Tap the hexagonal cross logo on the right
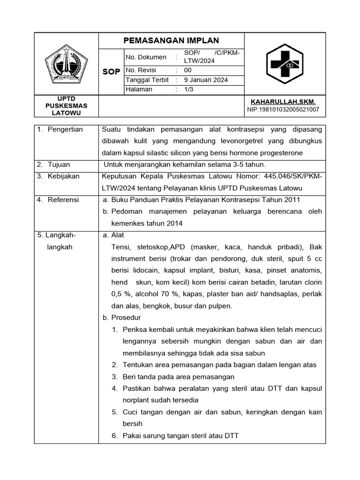(285, 64)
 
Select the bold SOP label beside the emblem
(111, 71)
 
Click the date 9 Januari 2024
(206, 80)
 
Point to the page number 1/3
(189, 90)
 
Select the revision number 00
(188, 70)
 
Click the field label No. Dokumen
(146, 57)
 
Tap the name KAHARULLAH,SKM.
(283, 102)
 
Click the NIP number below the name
(283, 110)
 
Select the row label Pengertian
(65, 129)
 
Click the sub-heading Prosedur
(123, 317)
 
